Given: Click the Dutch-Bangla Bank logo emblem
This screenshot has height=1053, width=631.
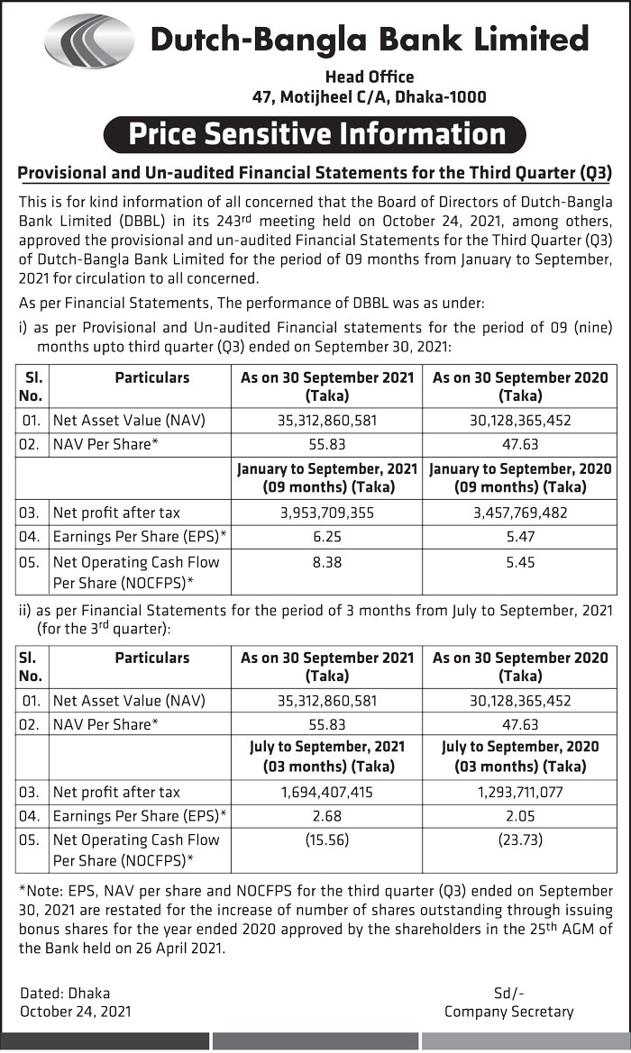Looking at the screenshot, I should pos(88,41).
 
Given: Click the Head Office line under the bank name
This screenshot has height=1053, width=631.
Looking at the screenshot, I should pos(369,77).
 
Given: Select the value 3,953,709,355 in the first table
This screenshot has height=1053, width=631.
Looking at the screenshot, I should pos(326,513).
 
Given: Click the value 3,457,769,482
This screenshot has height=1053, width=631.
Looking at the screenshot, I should pos(519,513).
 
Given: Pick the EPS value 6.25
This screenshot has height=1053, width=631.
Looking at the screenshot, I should pos(326,537).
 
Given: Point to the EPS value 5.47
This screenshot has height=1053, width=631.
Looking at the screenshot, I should pos(519,537).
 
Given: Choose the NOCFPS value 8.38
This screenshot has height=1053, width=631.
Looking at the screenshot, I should pos(326,561).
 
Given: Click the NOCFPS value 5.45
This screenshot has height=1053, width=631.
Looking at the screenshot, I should pos(519,561).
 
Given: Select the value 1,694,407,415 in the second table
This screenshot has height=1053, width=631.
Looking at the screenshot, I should pos(326,793).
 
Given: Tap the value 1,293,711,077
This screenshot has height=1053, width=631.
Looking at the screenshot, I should pos(519,793).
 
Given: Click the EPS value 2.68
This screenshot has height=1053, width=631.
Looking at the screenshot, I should pos(326,817).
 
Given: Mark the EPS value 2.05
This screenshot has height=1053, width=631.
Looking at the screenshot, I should pos(519,817).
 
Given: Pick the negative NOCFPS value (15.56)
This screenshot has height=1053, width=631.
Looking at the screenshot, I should pos(326,840).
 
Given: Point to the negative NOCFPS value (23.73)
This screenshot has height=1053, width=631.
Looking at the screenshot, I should pos(519,840).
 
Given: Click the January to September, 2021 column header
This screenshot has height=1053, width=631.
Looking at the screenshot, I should pos(326,477).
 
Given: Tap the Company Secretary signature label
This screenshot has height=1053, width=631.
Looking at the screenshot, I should pos(508,1012).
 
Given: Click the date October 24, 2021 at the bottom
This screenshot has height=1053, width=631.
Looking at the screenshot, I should pos(76,1012).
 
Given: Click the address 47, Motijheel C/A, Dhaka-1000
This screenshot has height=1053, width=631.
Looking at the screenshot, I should pos(369,97).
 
